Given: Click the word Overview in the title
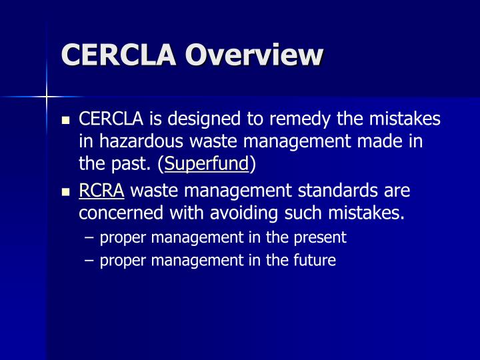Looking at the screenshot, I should [254, 54].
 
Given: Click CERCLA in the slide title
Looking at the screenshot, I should [119, 54].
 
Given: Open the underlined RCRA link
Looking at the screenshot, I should [101, 191].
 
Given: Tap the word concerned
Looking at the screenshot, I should [115, 214].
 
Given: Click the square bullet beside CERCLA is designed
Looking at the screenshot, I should [65, 121].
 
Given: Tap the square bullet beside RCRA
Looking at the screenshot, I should [65, 192].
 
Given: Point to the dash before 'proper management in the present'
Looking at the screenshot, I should [90, 237].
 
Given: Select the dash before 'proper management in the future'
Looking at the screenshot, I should [90, 260].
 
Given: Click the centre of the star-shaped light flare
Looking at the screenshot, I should [47, 97].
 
